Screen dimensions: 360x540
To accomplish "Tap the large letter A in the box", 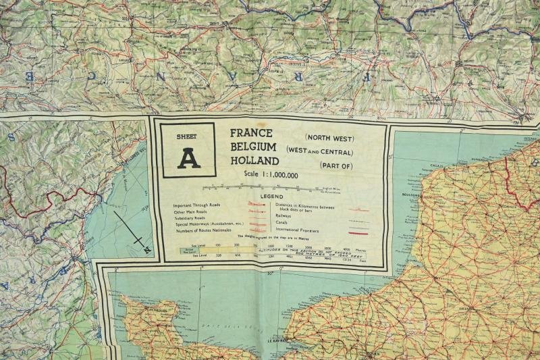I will (x=188, y=158).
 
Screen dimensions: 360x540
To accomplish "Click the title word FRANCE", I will (x=251, y=134).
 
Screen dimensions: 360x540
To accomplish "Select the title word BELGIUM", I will (x=253, y=147).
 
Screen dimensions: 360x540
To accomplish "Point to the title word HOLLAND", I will (x=254, y=161).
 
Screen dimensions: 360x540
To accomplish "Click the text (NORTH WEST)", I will (x=329, y=138).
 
